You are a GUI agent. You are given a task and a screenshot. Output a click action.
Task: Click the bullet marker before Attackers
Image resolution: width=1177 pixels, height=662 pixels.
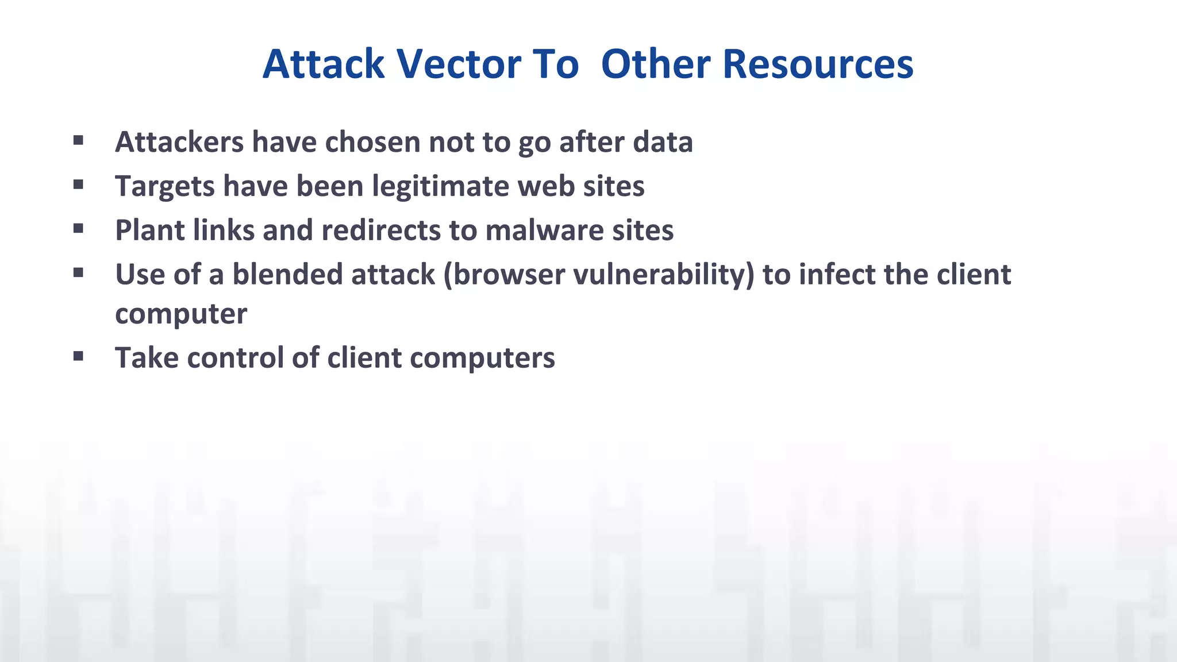79,140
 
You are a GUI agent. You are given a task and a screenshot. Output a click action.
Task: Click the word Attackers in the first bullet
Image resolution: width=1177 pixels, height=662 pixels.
179,142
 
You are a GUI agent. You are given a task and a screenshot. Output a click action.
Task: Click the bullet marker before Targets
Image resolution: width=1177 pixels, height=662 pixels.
79,184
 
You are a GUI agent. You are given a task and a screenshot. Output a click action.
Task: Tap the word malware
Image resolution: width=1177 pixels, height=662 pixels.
544,230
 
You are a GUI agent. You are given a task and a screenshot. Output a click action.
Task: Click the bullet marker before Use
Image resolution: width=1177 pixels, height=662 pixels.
79,272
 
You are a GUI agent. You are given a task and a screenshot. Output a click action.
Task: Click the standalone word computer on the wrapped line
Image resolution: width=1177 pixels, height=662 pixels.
181,314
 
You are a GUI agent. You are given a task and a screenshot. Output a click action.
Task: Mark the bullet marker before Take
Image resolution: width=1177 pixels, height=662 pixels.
79,356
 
